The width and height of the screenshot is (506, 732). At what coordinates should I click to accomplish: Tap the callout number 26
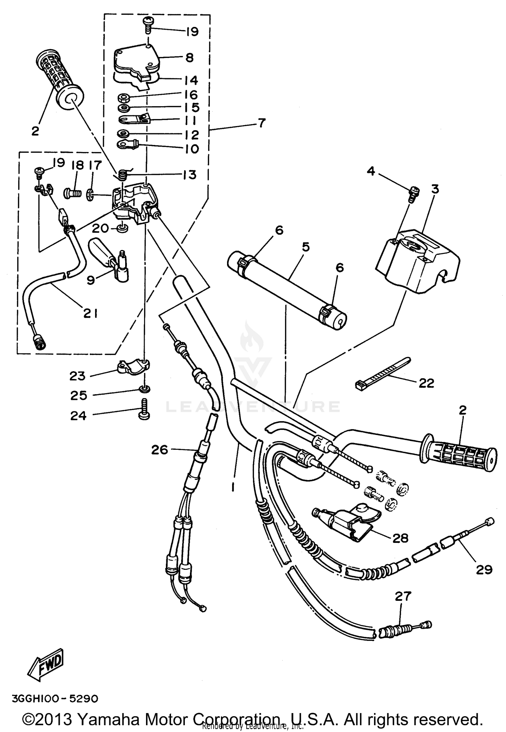pyautogui.click(x=160, y=449)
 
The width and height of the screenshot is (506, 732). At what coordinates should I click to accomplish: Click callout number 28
pyautogui.click(x=400, y=538)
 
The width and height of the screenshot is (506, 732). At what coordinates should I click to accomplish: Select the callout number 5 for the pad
pyautogui.click(x=305, y=247)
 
